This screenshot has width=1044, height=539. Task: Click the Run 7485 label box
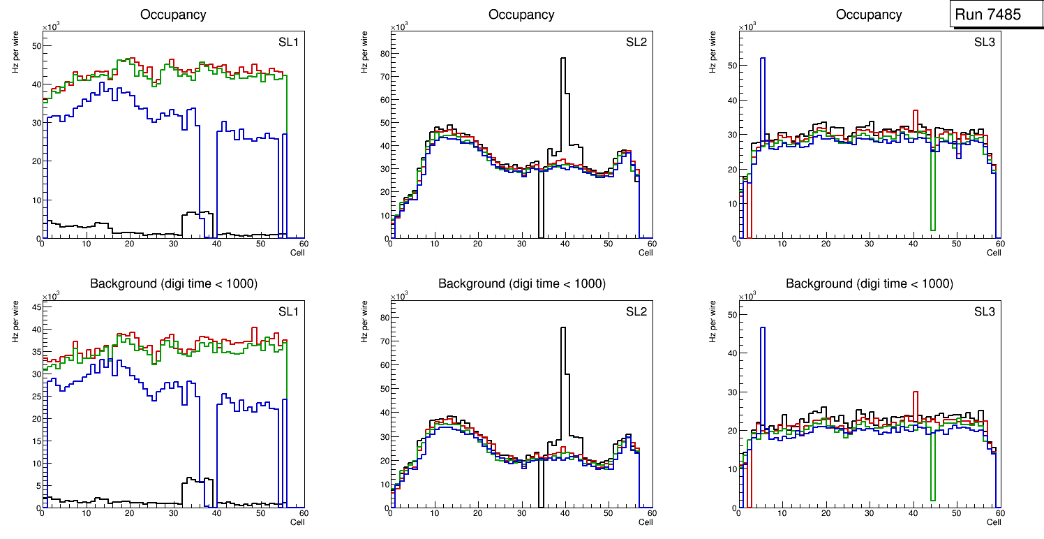992,14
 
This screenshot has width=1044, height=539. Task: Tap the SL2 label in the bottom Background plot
636,311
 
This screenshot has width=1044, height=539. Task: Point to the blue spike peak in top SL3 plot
763,59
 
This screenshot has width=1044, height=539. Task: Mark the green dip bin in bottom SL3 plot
932,499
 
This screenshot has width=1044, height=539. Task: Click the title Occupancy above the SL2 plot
521,15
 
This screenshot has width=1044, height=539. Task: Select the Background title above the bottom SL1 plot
173,283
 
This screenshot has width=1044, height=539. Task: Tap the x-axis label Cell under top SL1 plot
297,252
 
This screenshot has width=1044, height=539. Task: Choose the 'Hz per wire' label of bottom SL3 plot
713,321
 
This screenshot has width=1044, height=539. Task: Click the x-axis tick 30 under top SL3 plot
869,244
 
